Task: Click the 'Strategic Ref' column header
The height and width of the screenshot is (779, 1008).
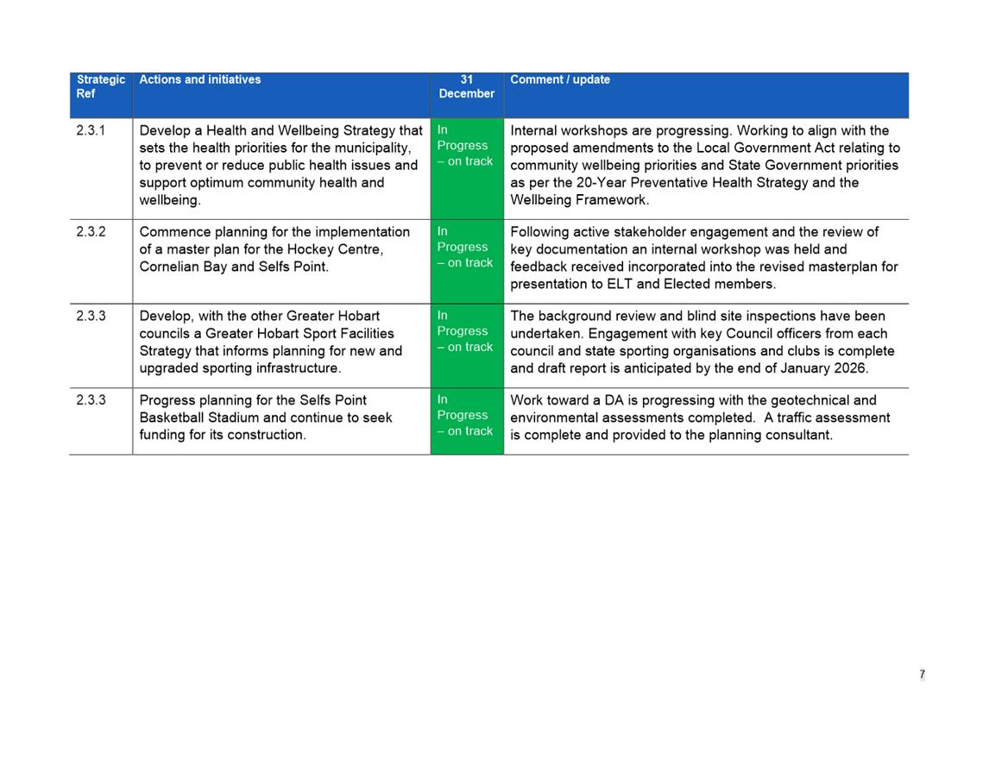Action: click(100, 86)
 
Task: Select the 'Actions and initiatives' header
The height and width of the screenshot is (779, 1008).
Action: click(199, 79)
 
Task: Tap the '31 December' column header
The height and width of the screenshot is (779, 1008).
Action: click(466, 86)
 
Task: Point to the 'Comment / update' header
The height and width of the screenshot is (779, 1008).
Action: click(559, 79)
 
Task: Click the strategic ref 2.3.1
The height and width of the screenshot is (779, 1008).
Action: click(91, 131)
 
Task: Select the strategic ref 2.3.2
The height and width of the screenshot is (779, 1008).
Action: click(91, 232)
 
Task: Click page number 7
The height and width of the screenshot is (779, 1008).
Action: click(922, 675)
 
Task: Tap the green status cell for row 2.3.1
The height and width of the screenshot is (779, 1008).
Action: click(466, 168)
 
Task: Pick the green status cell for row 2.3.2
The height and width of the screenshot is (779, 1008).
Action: click(466, 261)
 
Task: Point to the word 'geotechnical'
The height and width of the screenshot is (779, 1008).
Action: click(812, 400)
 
